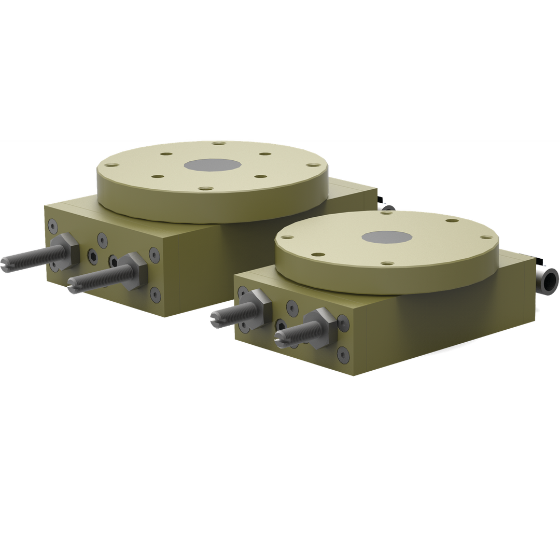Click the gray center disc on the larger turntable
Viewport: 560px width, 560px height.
click(x=212, y=165)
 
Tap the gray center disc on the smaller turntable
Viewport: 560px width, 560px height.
click(x=386, y=237)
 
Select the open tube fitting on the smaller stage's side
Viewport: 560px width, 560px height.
click(x=547, y=282)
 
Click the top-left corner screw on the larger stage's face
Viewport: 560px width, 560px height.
click(x=52, y=226)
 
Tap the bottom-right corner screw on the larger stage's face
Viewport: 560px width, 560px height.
click(x=155, y=294)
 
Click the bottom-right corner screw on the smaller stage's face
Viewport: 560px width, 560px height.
click(x=343, y=354)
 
